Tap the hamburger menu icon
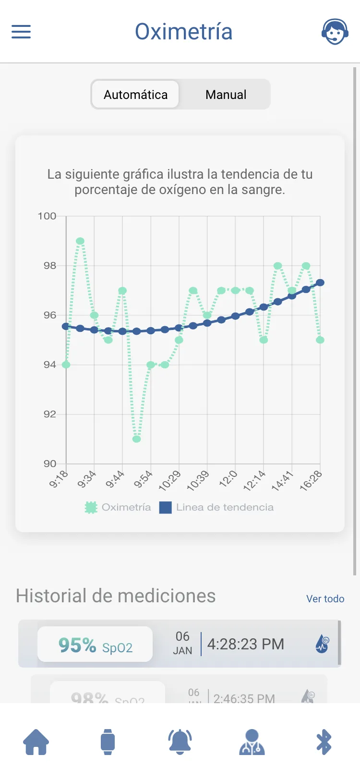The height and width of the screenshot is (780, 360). click(21, 32)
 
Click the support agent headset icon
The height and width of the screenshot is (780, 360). click(335, 32)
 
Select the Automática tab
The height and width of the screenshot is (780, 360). click(135, 95)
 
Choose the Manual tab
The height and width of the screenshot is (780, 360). click(226, 95)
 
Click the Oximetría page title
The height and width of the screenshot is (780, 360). click(183, 32)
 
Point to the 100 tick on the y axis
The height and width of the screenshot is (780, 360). click(47, 216)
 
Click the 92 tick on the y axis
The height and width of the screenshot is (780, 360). click(49, 414)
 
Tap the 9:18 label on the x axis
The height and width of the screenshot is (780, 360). click(59, 479)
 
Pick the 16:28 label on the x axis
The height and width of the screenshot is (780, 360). click(311, 481)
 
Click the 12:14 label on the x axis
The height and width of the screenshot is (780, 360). click(254, 481)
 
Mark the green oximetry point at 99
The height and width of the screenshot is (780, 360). click(80, 241)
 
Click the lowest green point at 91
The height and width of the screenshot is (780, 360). click(137, 439)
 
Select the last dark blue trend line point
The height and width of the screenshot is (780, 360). click(320, 282)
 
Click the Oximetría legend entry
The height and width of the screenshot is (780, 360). click(118, 507)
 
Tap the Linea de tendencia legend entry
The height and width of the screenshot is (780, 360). click(217, 507)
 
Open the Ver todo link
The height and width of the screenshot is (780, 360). click(325, 599)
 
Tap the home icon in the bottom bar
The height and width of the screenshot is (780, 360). click(36, 742)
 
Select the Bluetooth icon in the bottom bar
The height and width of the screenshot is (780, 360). click(324, 742)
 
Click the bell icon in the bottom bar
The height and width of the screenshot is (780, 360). click(180, 742)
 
